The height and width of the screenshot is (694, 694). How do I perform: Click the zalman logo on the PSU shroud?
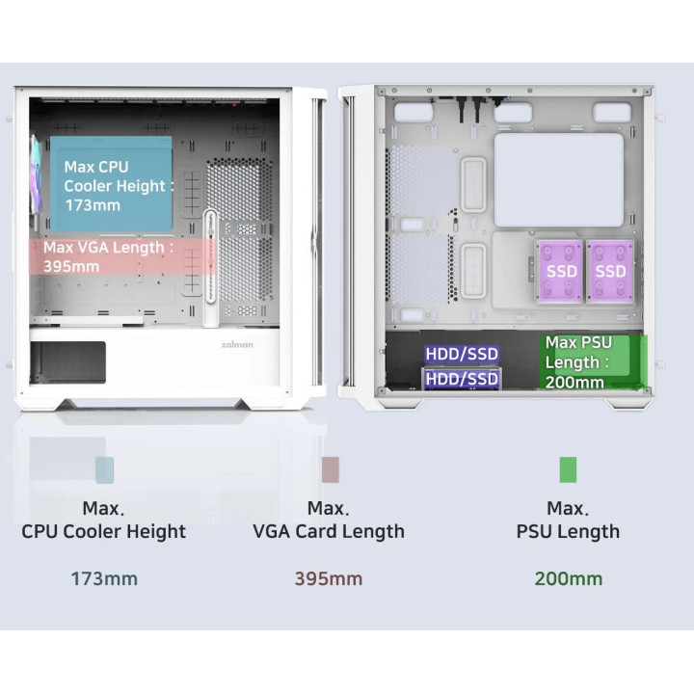click(x=237, y=345)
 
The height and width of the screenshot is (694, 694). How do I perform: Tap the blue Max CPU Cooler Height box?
click(x=111, y=184)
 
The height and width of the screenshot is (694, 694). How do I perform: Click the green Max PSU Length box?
click(x=593, y=362)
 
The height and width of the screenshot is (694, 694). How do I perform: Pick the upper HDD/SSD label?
click(x=462, y=354)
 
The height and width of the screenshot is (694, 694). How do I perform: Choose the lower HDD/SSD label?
click(x=462, y=380)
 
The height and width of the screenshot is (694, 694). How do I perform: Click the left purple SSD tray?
click(x=560, y=271)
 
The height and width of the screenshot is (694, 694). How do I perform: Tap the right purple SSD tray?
click(x=610, y=271)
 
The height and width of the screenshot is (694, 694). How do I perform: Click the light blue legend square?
click(x=104, y=469)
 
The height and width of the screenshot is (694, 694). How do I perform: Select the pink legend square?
click(x=331, y=469)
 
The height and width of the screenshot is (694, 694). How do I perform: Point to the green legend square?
click(x=568, y=469)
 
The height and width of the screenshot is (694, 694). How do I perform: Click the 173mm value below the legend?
click(x=104, y=578)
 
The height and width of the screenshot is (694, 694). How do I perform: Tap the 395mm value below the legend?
click(x=329, y=578)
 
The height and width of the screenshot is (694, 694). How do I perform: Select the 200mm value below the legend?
click(x=569, y=578)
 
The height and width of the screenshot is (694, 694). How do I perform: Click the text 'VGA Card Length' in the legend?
click(x=329, y=531)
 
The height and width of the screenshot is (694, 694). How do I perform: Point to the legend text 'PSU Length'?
click(x=568, y=531)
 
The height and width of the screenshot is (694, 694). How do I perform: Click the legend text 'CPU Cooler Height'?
click(x=103, y=531)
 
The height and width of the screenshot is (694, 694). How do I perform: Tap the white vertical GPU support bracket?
click(x=211, y=268)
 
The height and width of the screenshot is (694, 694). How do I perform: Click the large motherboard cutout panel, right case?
click(x=558, y=179)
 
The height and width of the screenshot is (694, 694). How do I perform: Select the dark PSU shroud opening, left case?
click(x=68, y=362)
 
